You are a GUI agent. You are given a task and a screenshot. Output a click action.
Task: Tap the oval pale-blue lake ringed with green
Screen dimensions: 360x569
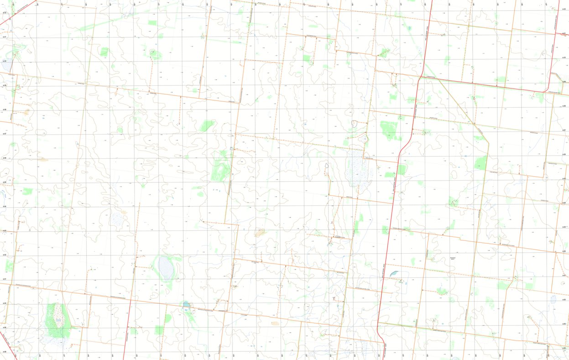coord(165,268)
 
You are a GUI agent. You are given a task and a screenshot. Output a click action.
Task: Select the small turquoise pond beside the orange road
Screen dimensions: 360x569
coord(186,305)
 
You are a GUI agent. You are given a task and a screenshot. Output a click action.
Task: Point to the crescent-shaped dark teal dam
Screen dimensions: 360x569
coord(393,274)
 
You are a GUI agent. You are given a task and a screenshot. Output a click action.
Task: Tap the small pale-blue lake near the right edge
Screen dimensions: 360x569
coord(553,299)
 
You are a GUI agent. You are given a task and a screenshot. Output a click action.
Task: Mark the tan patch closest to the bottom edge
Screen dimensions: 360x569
coord(275,323)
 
